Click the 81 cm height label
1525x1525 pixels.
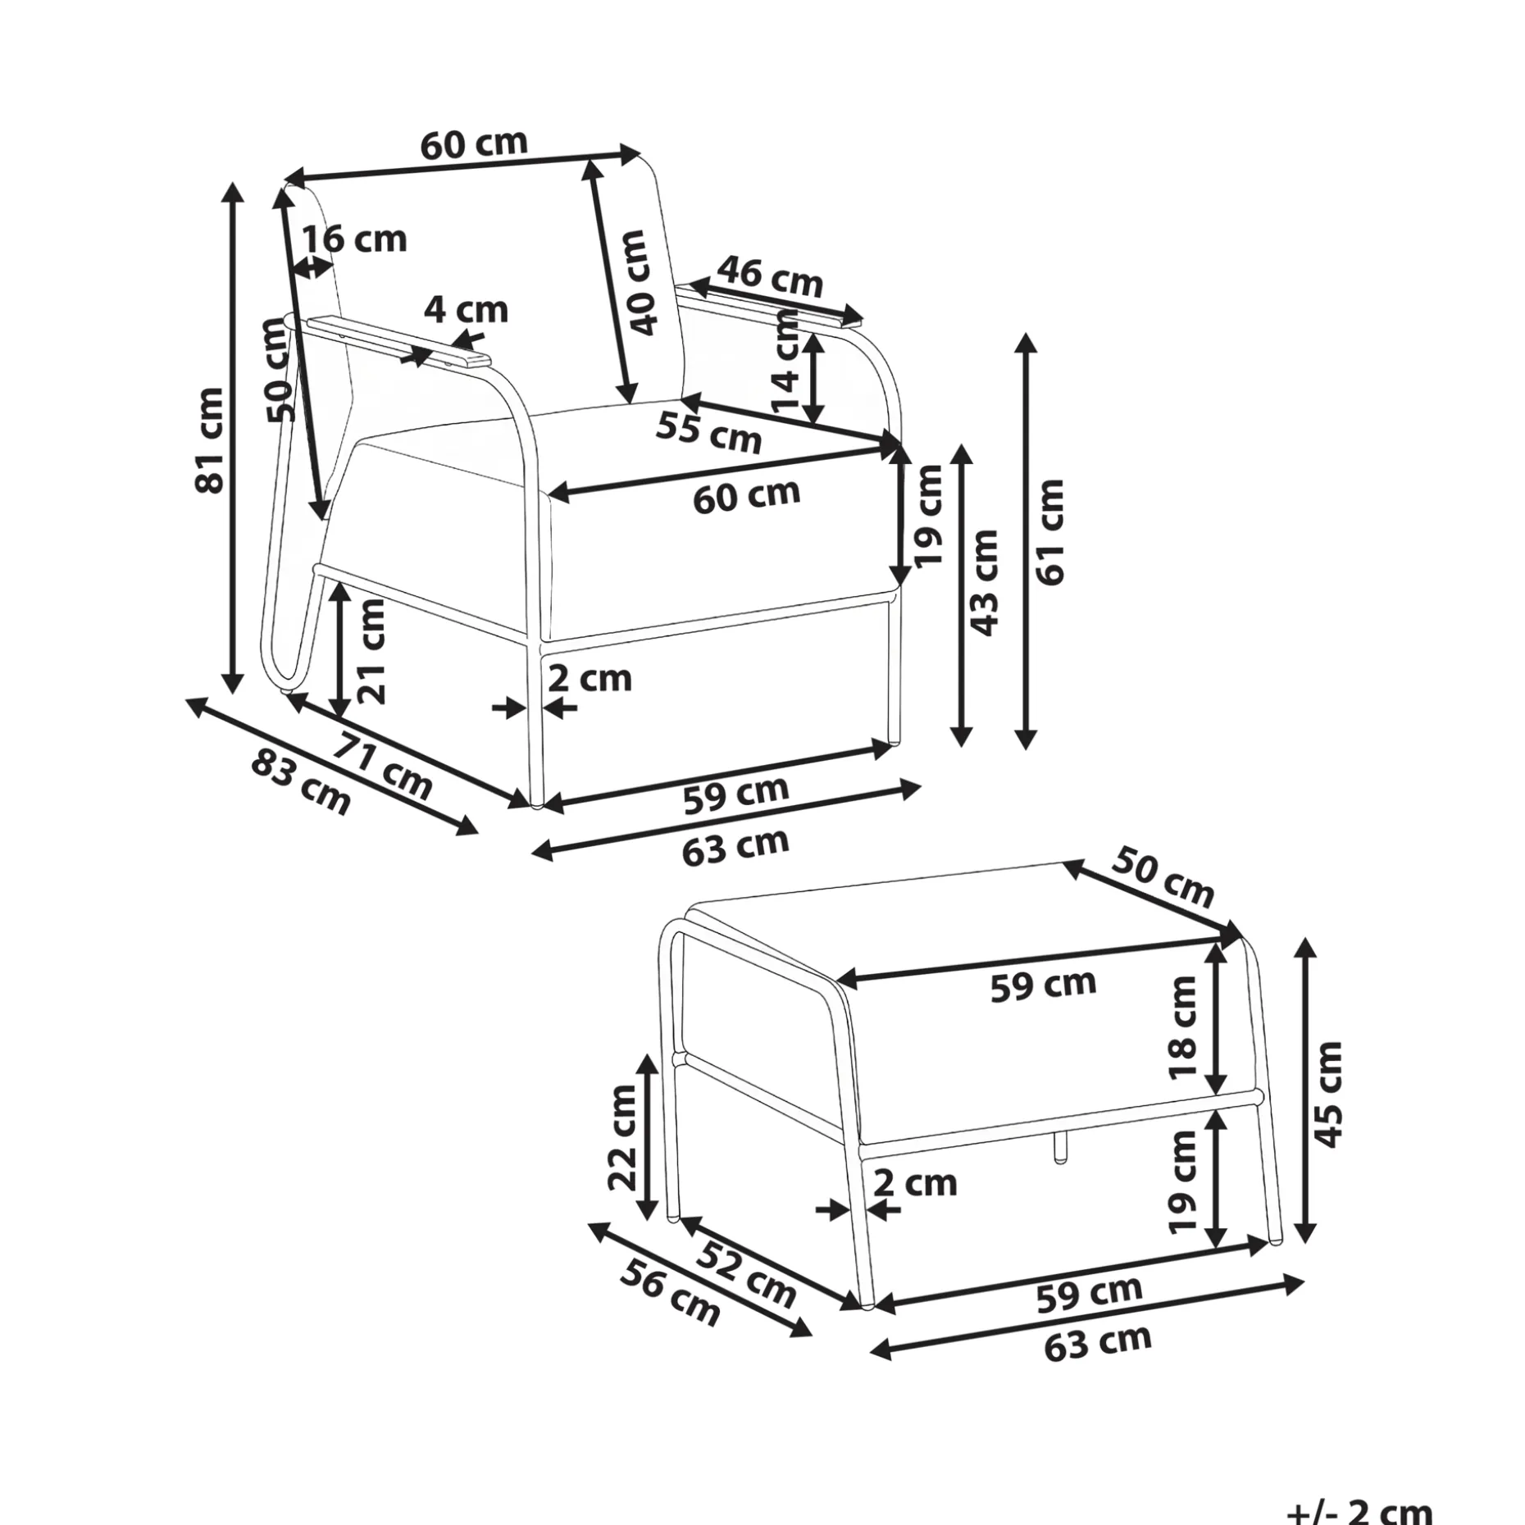(210, 439)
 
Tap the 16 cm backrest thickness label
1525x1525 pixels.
(355, 239)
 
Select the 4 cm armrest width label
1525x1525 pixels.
(466, 310)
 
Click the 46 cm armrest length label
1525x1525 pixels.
(770, 276)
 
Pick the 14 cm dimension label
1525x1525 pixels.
(786, 361)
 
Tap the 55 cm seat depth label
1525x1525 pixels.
(710, 432)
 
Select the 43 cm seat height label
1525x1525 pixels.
(984, 582)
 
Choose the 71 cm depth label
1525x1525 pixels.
(382, 767)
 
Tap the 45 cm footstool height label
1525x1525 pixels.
(1327, 1094)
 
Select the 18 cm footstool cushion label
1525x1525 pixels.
(1184, 1027)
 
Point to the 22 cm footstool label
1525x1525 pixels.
(622, 1137)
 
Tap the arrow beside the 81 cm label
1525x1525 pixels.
(234, 438)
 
